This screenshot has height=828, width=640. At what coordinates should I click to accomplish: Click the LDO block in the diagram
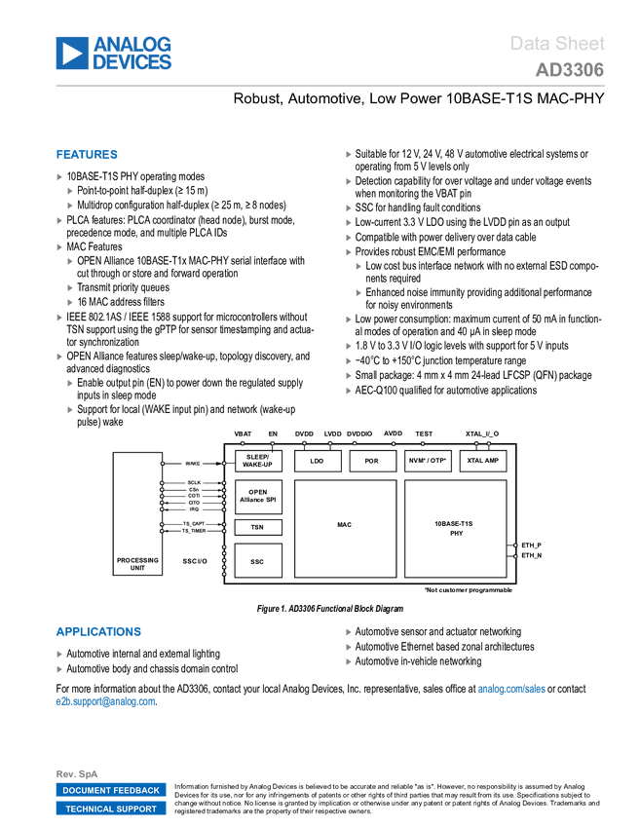pos(317,461)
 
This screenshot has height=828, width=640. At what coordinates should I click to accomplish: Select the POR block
pos(372,461)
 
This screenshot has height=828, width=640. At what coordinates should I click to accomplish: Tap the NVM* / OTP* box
pos(428,461)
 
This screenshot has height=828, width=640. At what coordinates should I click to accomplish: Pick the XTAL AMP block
pos(483,461)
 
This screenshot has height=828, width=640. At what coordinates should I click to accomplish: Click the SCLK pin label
pos(194,482)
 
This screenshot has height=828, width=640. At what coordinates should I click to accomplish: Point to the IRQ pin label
pos(194,509)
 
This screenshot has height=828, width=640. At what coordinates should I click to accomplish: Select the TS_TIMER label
pos(193,532)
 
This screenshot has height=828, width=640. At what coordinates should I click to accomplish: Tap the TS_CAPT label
pos(193,523)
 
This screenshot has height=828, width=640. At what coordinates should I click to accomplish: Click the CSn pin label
pos(194,489)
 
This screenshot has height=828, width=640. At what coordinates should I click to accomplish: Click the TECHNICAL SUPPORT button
pos(111,809)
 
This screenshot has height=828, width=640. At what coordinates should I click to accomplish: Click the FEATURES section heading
pos(88,155)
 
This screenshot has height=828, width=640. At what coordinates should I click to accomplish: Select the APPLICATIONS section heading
pos(98,631)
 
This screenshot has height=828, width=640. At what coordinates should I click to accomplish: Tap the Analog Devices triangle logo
pos(71,54)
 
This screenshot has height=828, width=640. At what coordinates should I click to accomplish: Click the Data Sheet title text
pos(557,44)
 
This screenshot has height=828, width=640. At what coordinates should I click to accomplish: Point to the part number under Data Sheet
pos(569,70)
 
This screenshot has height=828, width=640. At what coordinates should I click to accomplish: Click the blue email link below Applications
pos(104,701)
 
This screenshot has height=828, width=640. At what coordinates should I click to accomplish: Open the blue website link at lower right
pos(511,690)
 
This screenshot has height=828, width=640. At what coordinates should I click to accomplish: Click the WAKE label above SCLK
pos(193,463)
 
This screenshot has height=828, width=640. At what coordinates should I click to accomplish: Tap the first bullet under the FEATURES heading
pos(59,177)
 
